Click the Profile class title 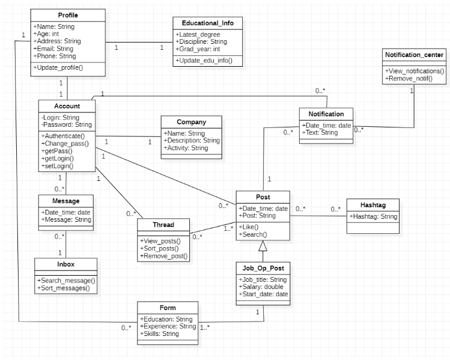[68, 15]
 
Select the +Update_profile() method [58, 67]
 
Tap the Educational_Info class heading [208, 23]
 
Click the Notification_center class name [413, 55]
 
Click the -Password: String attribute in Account [66, 124]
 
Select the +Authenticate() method [64, 136]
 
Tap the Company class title [191, 122]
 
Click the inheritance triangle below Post [262, 245]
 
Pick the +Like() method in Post [249, 227]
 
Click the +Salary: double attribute [262, 287]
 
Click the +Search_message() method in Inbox [66, 281]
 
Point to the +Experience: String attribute [167, 326]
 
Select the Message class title [65, 200]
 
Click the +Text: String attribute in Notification [320, 132]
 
